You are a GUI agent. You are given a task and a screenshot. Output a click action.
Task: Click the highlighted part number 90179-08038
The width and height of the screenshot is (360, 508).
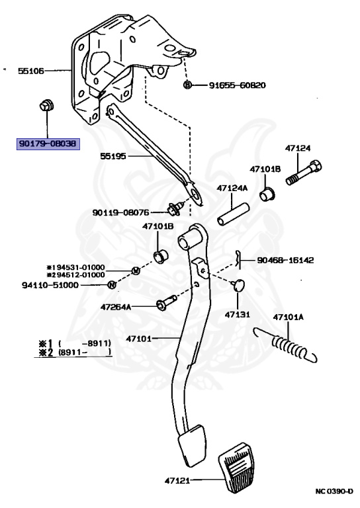point(48,143)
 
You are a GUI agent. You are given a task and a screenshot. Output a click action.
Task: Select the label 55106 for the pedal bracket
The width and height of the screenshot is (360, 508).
point(30,71)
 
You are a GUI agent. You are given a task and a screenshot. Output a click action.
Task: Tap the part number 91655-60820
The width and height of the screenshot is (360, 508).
point(237,85)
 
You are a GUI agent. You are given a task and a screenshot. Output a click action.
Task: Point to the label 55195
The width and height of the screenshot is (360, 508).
point(112,156)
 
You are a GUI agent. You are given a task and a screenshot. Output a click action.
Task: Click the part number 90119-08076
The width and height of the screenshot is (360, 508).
point(121,212)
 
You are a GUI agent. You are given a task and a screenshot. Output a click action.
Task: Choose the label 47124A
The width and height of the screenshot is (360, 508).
point(232,188)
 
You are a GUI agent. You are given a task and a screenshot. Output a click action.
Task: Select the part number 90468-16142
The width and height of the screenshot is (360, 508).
point(285,260)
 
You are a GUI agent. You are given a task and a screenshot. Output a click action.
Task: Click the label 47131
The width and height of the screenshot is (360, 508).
point(238,314)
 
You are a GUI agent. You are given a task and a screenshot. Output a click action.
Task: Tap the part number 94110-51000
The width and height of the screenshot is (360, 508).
point(50,285)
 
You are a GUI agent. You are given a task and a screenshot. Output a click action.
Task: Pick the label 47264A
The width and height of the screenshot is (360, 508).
point(116,307)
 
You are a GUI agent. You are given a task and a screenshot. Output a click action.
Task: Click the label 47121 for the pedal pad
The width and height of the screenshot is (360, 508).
point(177,480)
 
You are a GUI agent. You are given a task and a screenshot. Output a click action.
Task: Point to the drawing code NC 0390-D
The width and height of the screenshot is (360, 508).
point(334,491)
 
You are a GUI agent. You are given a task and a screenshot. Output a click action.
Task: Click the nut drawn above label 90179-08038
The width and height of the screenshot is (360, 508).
point(46,106)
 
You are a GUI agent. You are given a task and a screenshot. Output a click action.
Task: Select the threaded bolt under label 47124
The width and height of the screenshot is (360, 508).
point(304,173)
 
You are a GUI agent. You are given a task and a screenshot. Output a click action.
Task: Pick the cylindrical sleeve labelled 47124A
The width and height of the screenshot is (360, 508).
point(233,214)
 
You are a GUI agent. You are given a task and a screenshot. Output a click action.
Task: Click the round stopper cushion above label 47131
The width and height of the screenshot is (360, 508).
point(238,285)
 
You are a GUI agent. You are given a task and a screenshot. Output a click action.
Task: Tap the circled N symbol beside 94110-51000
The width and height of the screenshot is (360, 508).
point(112,285)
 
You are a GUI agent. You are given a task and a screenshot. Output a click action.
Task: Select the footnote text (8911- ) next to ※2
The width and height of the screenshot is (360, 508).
point(85,352)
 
